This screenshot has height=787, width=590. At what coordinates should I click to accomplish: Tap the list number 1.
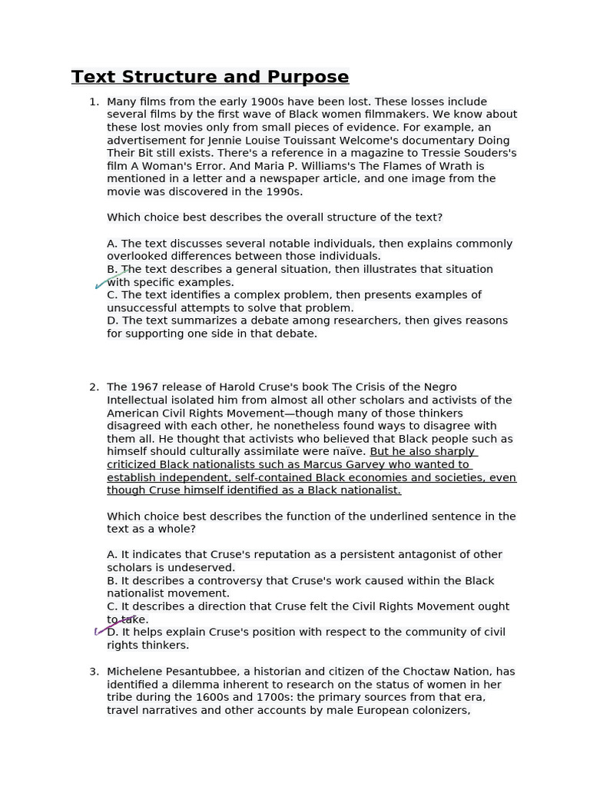pos(94,101)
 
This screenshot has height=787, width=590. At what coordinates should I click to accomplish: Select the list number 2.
pos(94,387)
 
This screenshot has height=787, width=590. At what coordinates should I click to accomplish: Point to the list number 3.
pos(94,672)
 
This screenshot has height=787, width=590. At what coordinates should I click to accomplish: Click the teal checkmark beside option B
pos(111,278)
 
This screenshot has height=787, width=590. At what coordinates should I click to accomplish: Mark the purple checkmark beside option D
pos(114,626)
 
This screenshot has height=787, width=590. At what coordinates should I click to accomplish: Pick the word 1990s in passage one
pos(275,191)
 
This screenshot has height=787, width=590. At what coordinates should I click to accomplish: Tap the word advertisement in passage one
pos(144,141)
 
